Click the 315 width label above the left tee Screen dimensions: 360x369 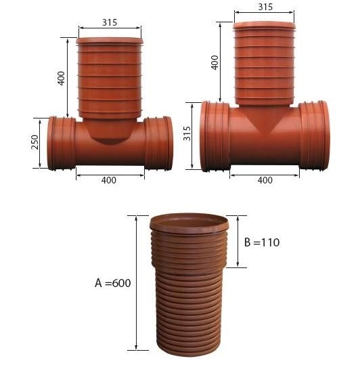[110, 22]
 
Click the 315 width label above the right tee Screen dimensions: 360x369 [265, 7]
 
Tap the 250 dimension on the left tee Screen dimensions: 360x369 [35, 142]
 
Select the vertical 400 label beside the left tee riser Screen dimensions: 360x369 [61, 78]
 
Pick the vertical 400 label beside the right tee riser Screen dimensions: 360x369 [215, 62]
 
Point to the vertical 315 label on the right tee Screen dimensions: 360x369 [187, 133]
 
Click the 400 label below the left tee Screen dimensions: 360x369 [109, 180]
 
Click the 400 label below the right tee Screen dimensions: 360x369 [265, 180]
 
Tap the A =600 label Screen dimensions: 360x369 [112, 282]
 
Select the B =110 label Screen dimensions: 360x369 [262, 242]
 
